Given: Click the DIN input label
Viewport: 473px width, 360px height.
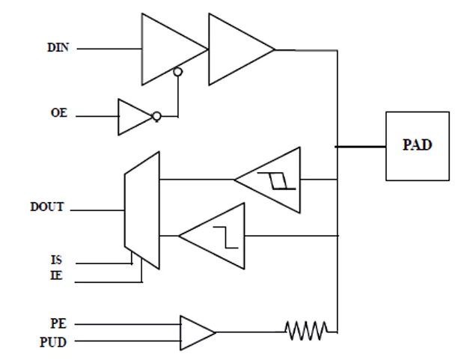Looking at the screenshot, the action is (58, 47).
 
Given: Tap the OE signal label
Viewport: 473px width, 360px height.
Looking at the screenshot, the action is (59, 112).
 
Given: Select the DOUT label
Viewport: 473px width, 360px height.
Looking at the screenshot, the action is (47, 207).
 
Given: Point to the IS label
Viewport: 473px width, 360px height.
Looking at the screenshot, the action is (56, 260).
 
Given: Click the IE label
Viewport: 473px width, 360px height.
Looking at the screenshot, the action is (56, 275).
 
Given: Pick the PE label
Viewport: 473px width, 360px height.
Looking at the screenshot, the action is (58, 323).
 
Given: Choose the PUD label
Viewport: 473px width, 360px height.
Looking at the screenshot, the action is (53, 342).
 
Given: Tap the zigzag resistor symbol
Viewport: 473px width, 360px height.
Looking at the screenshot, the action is (307, 331).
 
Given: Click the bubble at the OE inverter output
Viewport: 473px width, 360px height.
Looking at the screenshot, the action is (157, 116).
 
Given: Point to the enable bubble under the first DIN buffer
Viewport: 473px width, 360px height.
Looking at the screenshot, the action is (178, 72).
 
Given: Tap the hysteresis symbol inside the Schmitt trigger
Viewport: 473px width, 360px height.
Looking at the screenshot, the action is (276, 181).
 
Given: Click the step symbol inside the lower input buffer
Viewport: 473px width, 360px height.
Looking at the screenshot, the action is (225, 237).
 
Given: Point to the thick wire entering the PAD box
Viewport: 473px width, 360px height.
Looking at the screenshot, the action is (361, 147).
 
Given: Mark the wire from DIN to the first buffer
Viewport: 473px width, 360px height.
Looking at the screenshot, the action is (109, 49).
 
